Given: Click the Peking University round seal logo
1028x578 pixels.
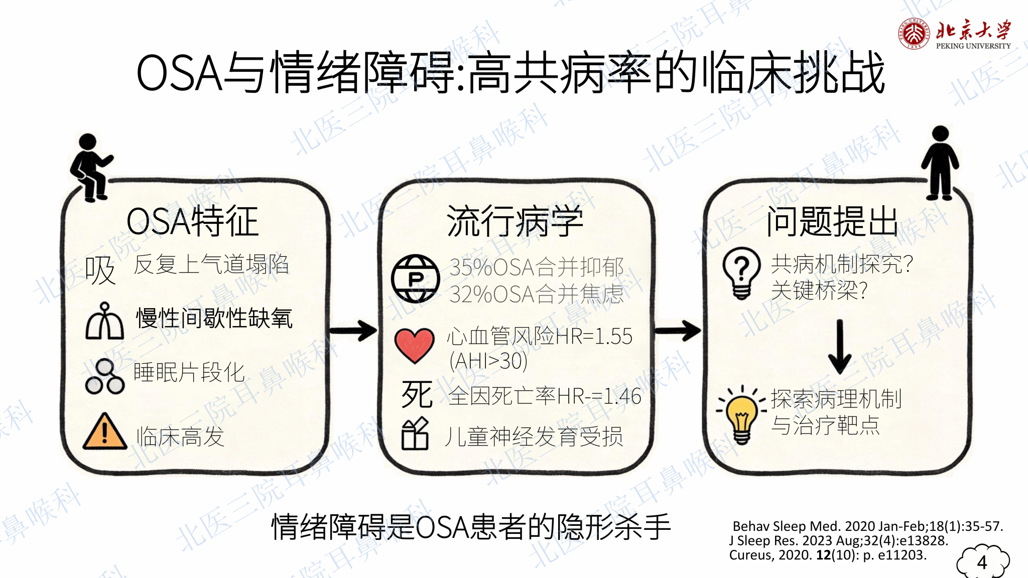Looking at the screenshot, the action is [x=914, y=33].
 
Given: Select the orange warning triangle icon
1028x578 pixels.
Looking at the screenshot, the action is [x=104, y=431].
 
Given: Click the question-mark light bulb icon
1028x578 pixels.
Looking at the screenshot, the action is [x=741, y=273].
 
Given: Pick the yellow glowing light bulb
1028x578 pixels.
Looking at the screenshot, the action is [x=742, y=415].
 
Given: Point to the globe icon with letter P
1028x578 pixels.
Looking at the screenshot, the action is [x=416, y=278].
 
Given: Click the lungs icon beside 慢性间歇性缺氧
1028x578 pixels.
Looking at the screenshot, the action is [x=104, y=321].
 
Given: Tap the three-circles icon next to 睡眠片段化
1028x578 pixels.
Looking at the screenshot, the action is [x=104, y=376].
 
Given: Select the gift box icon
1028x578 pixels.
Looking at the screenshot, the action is [x=415, y=434].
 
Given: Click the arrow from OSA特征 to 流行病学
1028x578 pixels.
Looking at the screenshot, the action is [x=353, y=331].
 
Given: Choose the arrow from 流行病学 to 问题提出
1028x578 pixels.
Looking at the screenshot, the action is [x=678, y=331].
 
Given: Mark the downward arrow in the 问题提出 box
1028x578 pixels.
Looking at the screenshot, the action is [x=839, y=347].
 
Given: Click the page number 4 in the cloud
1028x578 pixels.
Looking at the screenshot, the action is [x=982, y=562].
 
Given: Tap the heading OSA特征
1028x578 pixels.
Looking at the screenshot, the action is [x=192, y=221].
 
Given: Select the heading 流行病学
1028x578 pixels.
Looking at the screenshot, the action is [x=515, y=221].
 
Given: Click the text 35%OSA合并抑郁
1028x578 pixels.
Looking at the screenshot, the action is [x=537, y=267].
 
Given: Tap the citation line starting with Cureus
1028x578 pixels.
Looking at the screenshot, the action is [x=828, y=555].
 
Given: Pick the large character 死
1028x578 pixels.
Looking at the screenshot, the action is [x=417, y=394].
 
